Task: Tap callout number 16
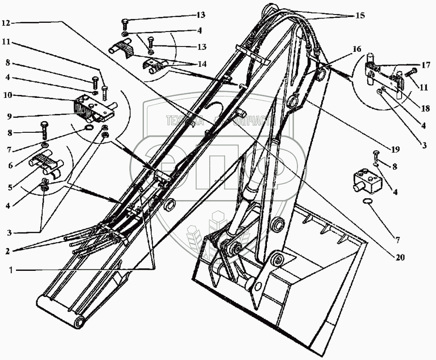(357, 49)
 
